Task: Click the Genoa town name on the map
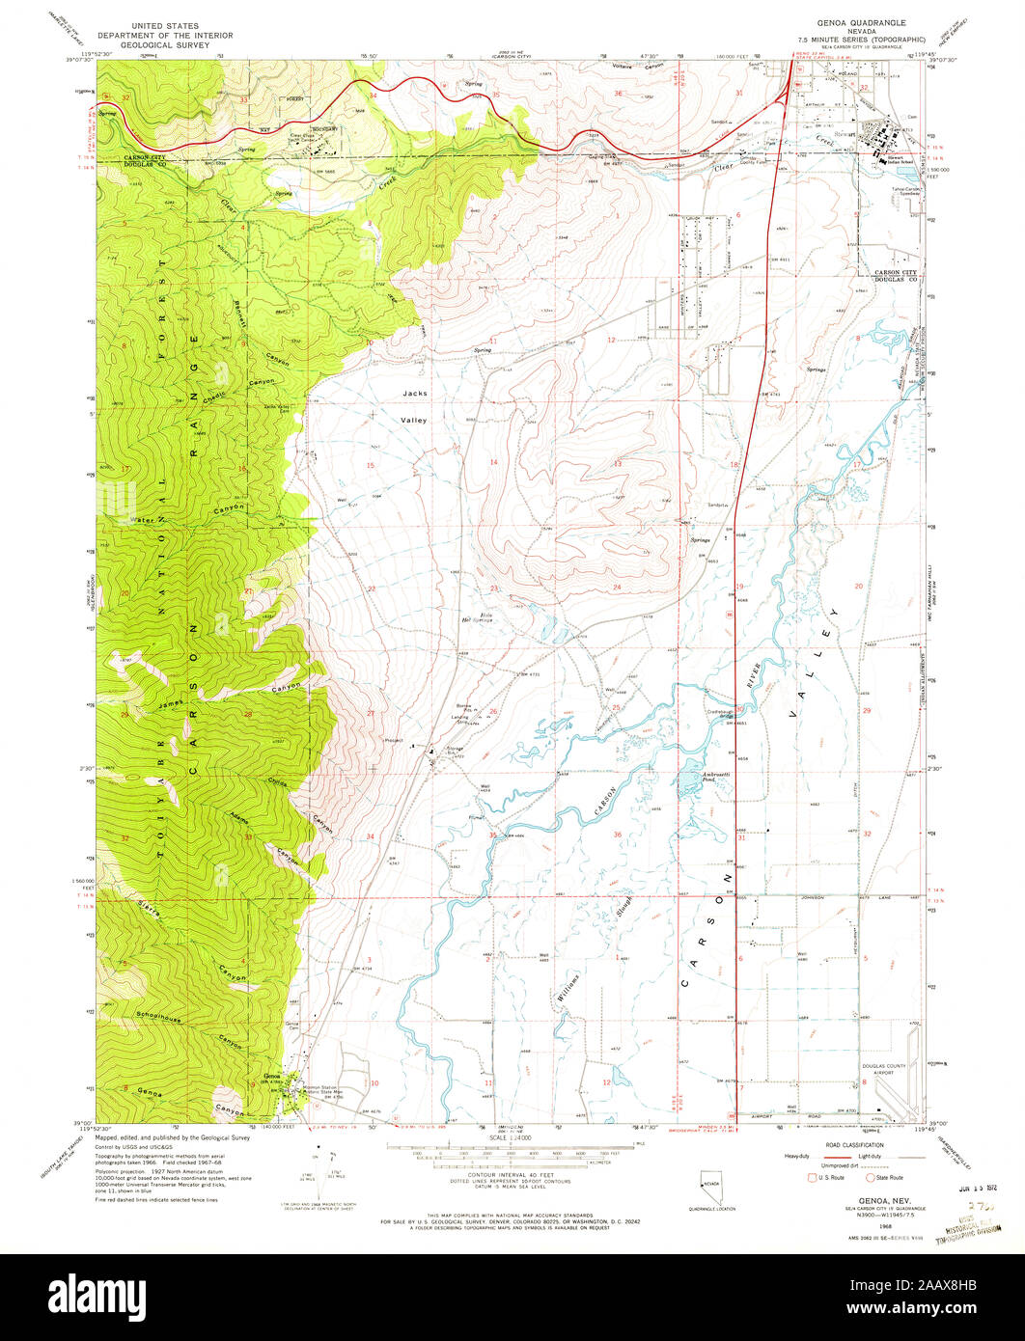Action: (272, 1077)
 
